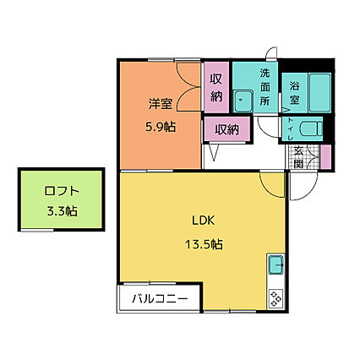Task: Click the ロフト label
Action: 61,191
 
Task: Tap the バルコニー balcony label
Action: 159,298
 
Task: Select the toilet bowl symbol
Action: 309,129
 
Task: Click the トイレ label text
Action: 291,129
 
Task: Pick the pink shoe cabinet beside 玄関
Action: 325,157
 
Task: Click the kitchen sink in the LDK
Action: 276,266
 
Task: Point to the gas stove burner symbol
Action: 276,296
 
